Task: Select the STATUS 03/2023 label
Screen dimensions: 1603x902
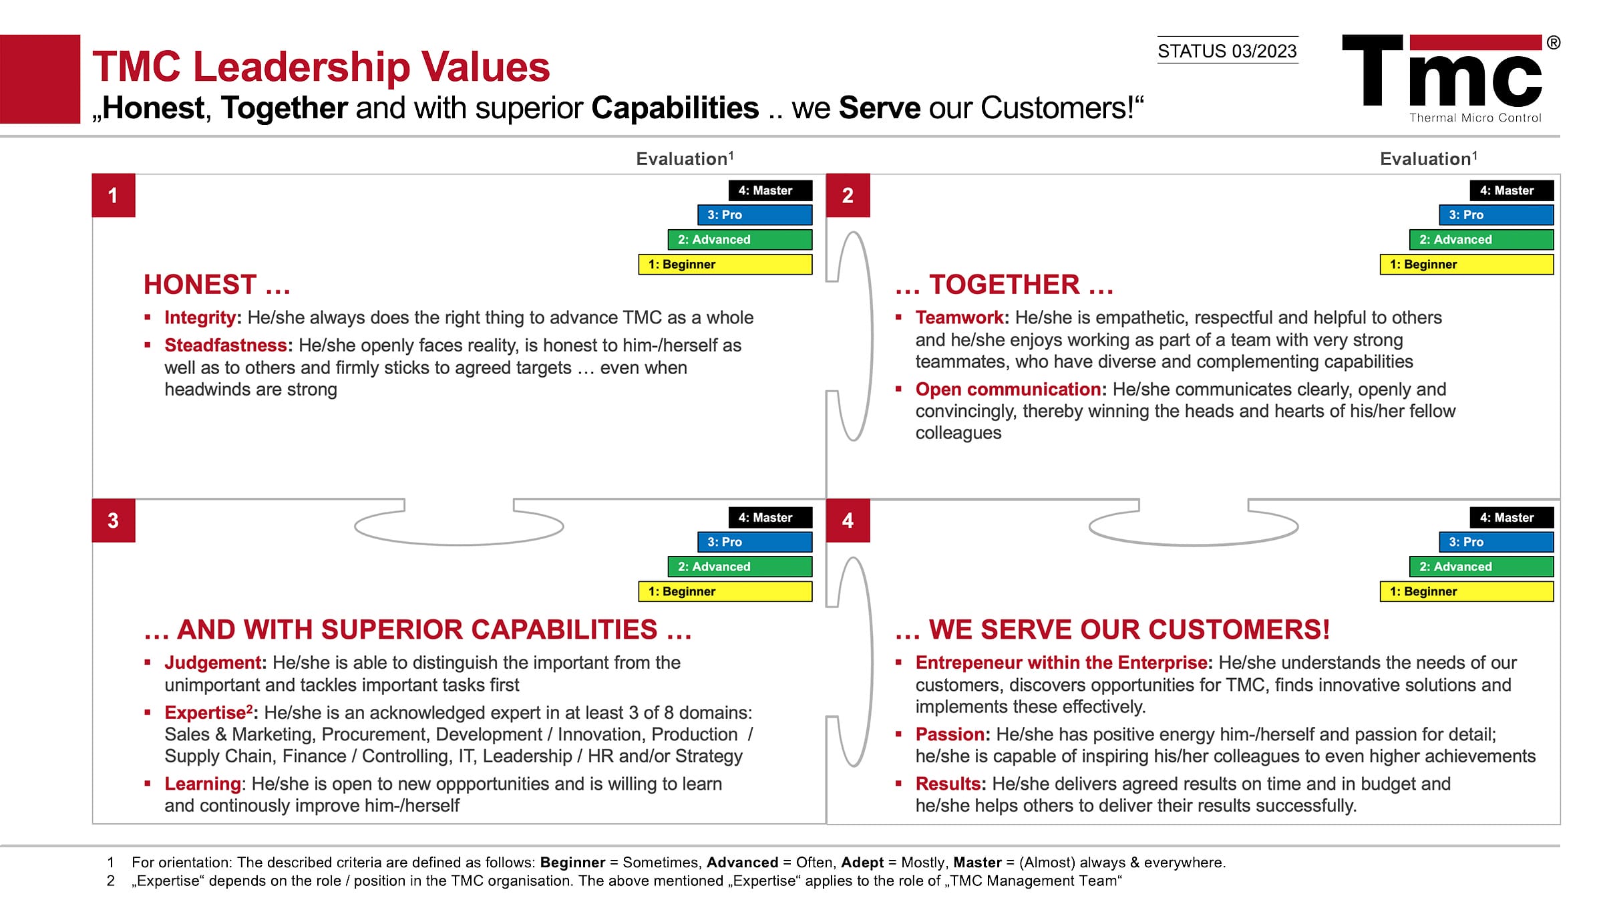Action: pyautogui.click(x=1227, y=51)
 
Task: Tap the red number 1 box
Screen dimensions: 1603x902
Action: pyautogui.click(x=114, y=195)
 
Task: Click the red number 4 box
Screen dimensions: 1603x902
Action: pyautogui.click(x=848, y=520)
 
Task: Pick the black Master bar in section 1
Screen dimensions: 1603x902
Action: pyautogui.click(x=771, y=190)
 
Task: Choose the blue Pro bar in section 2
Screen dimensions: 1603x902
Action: pyautogui.click(x=1496, y=215)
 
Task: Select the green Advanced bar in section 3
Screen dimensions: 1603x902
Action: pyautogui.click(x=740, y=567)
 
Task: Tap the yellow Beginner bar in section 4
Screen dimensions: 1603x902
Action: pyautogui.click(x=1467, y=591)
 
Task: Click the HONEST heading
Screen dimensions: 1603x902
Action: pyautogui.click(x=217, y=285)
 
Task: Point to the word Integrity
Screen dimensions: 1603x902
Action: pyautogui.click(x=200, y=317)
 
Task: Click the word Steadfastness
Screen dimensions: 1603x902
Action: pyautogui.click(x=226, y=345)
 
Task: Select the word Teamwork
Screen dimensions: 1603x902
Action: pyautogui.click(x=960, y=317)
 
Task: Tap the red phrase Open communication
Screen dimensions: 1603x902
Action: pyautogui.click(x=1009, y=389)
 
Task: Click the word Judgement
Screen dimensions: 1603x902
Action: pyautogui.click(x=213, y=663)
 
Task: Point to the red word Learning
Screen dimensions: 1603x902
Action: pyautogui.click(x=202, y=784)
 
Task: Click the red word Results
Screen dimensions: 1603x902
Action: pyautogui.click(x=948, y=784)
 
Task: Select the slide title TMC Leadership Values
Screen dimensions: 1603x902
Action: pyautogui.click(x=321, y=67)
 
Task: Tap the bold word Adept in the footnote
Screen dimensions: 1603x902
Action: pyautogui.click(x=862, y=863)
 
